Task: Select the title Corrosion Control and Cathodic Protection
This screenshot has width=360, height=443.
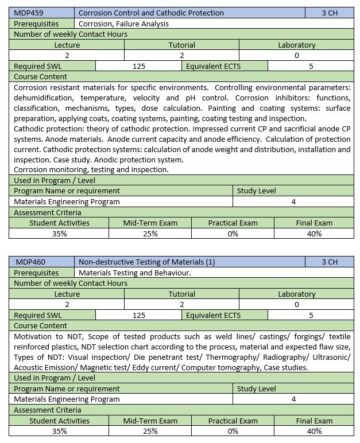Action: coord(151,13)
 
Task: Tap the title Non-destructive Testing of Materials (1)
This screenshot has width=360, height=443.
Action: coord(146,262)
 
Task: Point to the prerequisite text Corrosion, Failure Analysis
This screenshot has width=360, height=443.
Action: coord(123,24)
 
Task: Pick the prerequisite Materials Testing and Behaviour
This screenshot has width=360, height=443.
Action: coord(134,273)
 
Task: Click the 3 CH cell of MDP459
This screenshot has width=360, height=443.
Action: coord(330,13)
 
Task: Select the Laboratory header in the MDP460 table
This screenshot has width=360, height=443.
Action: coord(296,294)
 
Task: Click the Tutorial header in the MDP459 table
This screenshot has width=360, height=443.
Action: coord(181,45)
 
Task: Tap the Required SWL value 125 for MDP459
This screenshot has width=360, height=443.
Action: coord(138,66)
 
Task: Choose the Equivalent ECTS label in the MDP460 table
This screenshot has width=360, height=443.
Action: coord(213,315)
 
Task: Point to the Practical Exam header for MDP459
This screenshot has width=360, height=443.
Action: coord(233,223)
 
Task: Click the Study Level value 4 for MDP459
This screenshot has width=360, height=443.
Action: coord(293,201)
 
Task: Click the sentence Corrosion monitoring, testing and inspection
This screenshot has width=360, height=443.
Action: coord(91,169)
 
